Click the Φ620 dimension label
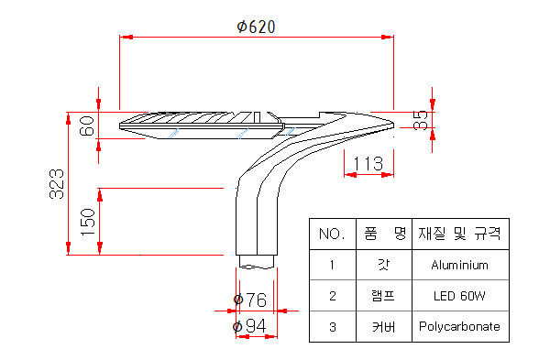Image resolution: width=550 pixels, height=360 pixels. [256, 27]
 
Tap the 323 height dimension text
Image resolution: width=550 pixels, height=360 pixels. [57, 184]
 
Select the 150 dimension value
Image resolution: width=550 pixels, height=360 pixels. [88, 223]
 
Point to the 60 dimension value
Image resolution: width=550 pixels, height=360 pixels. [87, 125]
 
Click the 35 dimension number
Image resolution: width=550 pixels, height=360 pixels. [420, 120]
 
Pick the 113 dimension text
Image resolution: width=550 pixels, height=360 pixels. [368, 164]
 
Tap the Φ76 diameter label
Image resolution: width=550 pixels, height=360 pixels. [250, 300]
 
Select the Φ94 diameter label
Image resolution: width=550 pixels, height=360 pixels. [249, 326]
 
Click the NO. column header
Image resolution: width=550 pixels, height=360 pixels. [332, 234]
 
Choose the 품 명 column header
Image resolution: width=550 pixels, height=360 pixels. [385, 233]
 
